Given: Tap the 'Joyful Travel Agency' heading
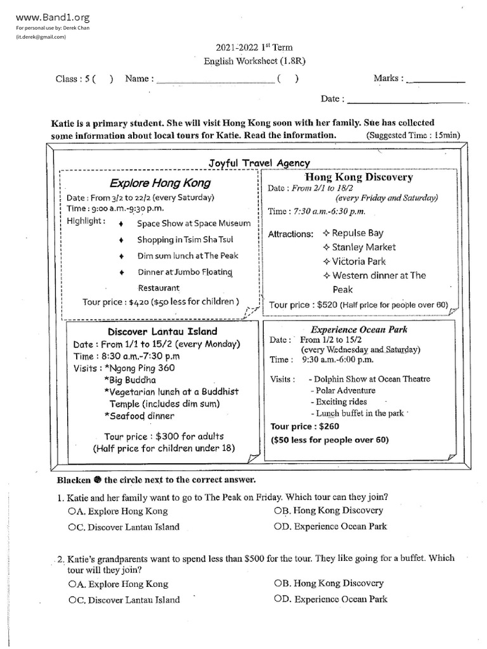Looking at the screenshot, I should pos(259,163).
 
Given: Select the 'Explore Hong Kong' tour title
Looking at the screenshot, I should pos(160,184).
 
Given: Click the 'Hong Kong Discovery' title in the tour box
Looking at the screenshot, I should pos(359,177).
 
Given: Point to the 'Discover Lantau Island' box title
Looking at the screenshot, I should pos(162,331).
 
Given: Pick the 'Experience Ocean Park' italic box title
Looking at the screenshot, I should pos(359,330).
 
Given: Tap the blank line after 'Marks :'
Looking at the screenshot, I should pos(435,79).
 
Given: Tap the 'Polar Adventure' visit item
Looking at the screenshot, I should pos(342,390).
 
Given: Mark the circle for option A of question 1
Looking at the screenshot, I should pos(71,511).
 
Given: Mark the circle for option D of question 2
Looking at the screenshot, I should pos(278,599).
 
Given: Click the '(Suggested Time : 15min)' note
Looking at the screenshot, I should pos(413,136).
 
